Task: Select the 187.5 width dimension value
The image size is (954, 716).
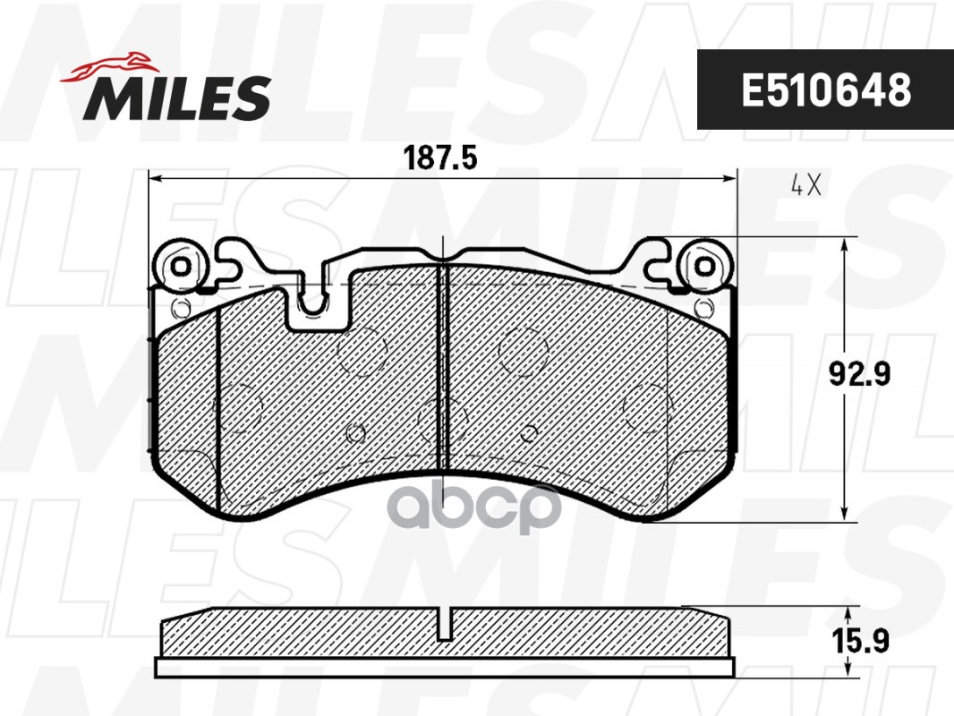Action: pos(441,159)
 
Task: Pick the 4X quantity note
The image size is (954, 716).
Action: pos(805,185)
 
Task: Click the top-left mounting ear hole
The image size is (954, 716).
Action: pos(181,266)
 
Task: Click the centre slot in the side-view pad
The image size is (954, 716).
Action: pos(445,624)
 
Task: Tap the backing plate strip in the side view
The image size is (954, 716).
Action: pos(445,668)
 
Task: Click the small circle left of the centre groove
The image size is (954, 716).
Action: pos(355,434)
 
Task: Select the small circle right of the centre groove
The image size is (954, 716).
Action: pos(528,434)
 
